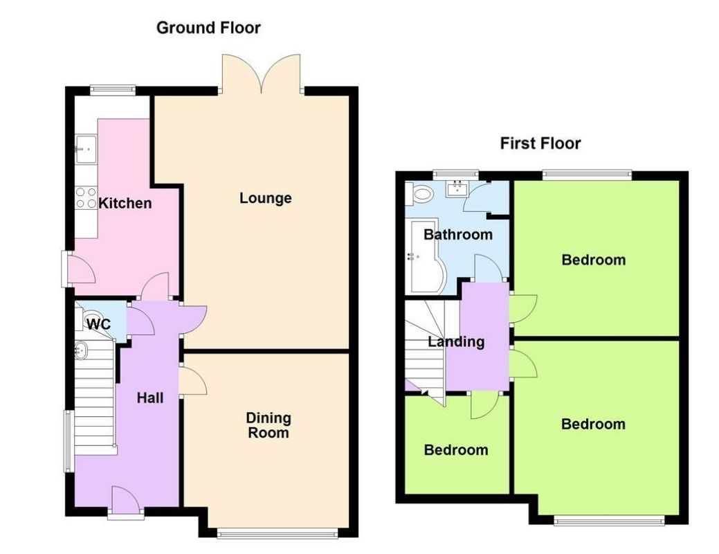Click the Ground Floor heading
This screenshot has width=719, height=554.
[208, 28]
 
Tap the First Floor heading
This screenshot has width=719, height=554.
[540, 143]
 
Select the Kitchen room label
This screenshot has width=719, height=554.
[125, 204]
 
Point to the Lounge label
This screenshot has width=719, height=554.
[266, 198]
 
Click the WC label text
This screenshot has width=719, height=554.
[99, 323]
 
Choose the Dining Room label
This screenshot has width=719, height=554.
[269, 425]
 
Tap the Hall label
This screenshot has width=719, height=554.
[150, 397]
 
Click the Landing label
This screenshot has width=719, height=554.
[456, 341]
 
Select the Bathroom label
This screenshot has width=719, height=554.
[458, 234]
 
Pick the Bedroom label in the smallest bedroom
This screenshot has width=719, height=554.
[456, 450]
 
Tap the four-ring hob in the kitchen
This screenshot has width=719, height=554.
[86, 198]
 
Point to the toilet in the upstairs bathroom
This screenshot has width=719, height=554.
[420, 195]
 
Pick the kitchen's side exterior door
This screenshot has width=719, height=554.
[78, 269]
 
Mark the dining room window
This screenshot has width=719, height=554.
[277, 533]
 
